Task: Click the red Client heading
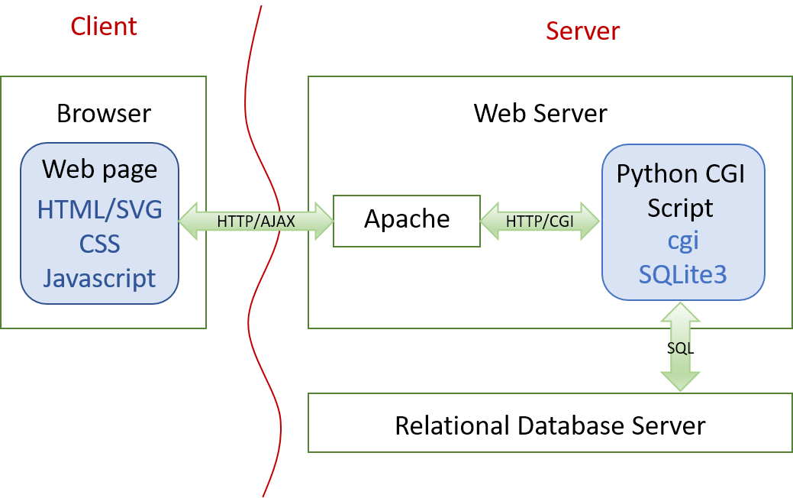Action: pyautogui.click(x=104, y=26)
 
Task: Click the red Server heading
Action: pyautogui.click(x=583, y=31)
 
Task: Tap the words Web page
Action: pyautogui.click(x=100, y=169)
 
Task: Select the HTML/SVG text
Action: pyautogui.click(x=100, y=209)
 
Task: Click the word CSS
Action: pyautogui.click(x=100, y=244)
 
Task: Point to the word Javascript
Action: pyautogui.click(x=100, y=278)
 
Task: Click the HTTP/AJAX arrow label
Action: pyautogui.click(x=256, y=222)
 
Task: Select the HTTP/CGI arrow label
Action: pyautogui.click(x=540, y=221)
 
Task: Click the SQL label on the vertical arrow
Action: pyautogui.click(x=679, y=348)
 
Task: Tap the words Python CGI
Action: pyautogui.click(x=680, y=173)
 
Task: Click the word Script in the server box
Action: pyautogui.click(x=680, y=208)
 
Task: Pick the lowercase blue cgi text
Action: pyautogui.click(x=683, y=241)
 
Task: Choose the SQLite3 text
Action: pyautogui.click(x=683, y=274)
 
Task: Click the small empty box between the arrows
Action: pyautogui.click(x=407, y=221)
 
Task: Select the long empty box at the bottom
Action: pyautogui.click(x=550, y=422)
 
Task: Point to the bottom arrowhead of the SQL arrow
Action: pyautogui.click(x=680, y=381)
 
